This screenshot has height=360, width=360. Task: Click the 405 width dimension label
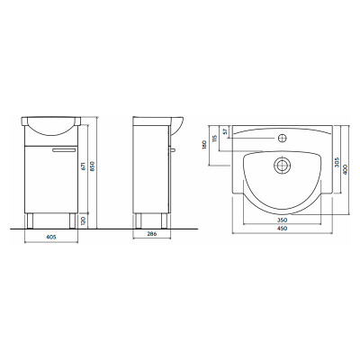[x=51, y=237]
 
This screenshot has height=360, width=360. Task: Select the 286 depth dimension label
[x=152, y=234]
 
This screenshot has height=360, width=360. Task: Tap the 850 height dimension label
[x=93, y=166]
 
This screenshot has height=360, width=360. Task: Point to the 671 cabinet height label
[x=84, y=166]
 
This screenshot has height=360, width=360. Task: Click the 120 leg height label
[x=84, y=221]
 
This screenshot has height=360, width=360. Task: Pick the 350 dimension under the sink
[x=282, y=220]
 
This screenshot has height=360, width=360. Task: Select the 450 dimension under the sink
[x=282, y=229]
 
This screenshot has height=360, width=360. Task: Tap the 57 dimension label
[x=225, y=131]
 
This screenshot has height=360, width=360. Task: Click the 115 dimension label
[x=214, y=139]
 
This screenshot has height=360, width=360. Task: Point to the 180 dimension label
[x=205, y=145]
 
